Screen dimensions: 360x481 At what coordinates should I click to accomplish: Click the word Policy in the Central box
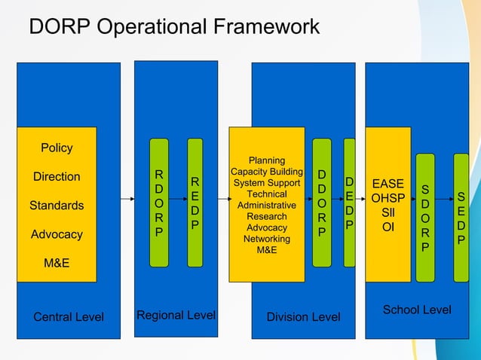point(57,148)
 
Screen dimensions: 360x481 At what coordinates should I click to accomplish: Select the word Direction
point(57,177)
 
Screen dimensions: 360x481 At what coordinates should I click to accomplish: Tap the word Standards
point(57,206)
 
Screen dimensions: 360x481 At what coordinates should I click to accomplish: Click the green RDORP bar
point(158,203)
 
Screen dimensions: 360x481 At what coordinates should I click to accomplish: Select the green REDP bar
point(195,203)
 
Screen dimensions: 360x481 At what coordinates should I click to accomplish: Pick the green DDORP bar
point(322,203)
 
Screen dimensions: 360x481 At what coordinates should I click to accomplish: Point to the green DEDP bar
point(349,203)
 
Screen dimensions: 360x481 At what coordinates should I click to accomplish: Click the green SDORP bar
point(425,217)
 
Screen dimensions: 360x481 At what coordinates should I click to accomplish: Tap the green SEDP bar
point(461,217)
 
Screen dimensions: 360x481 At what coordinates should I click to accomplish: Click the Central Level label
point(69,316)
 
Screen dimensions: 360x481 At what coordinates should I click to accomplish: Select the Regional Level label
point(176,315)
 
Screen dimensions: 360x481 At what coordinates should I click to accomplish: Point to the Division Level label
point(303,316)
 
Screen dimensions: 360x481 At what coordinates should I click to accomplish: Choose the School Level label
point(417,310)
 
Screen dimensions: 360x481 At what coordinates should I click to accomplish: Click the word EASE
point(388,184)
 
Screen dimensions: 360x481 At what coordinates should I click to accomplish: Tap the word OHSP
point(388,198)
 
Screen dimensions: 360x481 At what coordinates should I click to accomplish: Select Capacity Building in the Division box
point(267,172)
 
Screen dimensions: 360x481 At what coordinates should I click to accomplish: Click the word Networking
point(267,239)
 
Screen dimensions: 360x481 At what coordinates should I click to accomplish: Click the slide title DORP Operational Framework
point(174,27)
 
